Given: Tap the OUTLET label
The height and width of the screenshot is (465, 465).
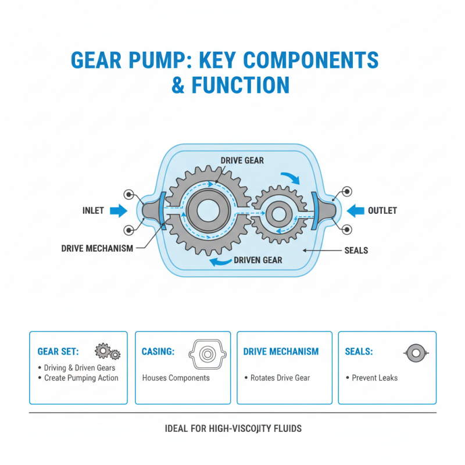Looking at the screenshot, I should [x=382, y=210].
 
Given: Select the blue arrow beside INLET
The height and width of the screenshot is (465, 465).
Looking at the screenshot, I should [x=119, y=210].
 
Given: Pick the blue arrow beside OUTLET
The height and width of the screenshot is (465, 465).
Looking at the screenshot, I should [x=355, y=210].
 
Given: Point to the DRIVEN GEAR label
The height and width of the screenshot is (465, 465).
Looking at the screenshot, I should [x=258, y=260].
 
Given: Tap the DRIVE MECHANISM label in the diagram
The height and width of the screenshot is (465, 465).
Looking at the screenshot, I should [x=97, y=248].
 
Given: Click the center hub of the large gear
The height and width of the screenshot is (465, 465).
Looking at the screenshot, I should [x=207, y=211].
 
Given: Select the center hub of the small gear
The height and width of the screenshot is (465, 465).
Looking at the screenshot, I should [x=278, y=214].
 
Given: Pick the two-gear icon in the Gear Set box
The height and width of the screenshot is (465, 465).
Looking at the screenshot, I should [x=108, y=351].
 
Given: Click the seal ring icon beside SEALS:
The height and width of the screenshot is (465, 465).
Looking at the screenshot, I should [x=416, y=352].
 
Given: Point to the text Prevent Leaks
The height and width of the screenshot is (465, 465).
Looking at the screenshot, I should [x=374, y=378].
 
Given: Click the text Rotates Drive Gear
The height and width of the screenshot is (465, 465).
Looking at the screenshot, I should [x=280, y=378].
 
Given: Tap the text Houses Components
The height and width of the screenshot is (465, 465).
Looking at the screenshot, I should [x=176, y=378].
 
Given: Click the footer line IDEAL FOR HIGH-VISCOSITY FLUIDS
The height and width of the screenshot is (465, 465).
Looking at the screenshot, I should [x=233, y=429].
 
